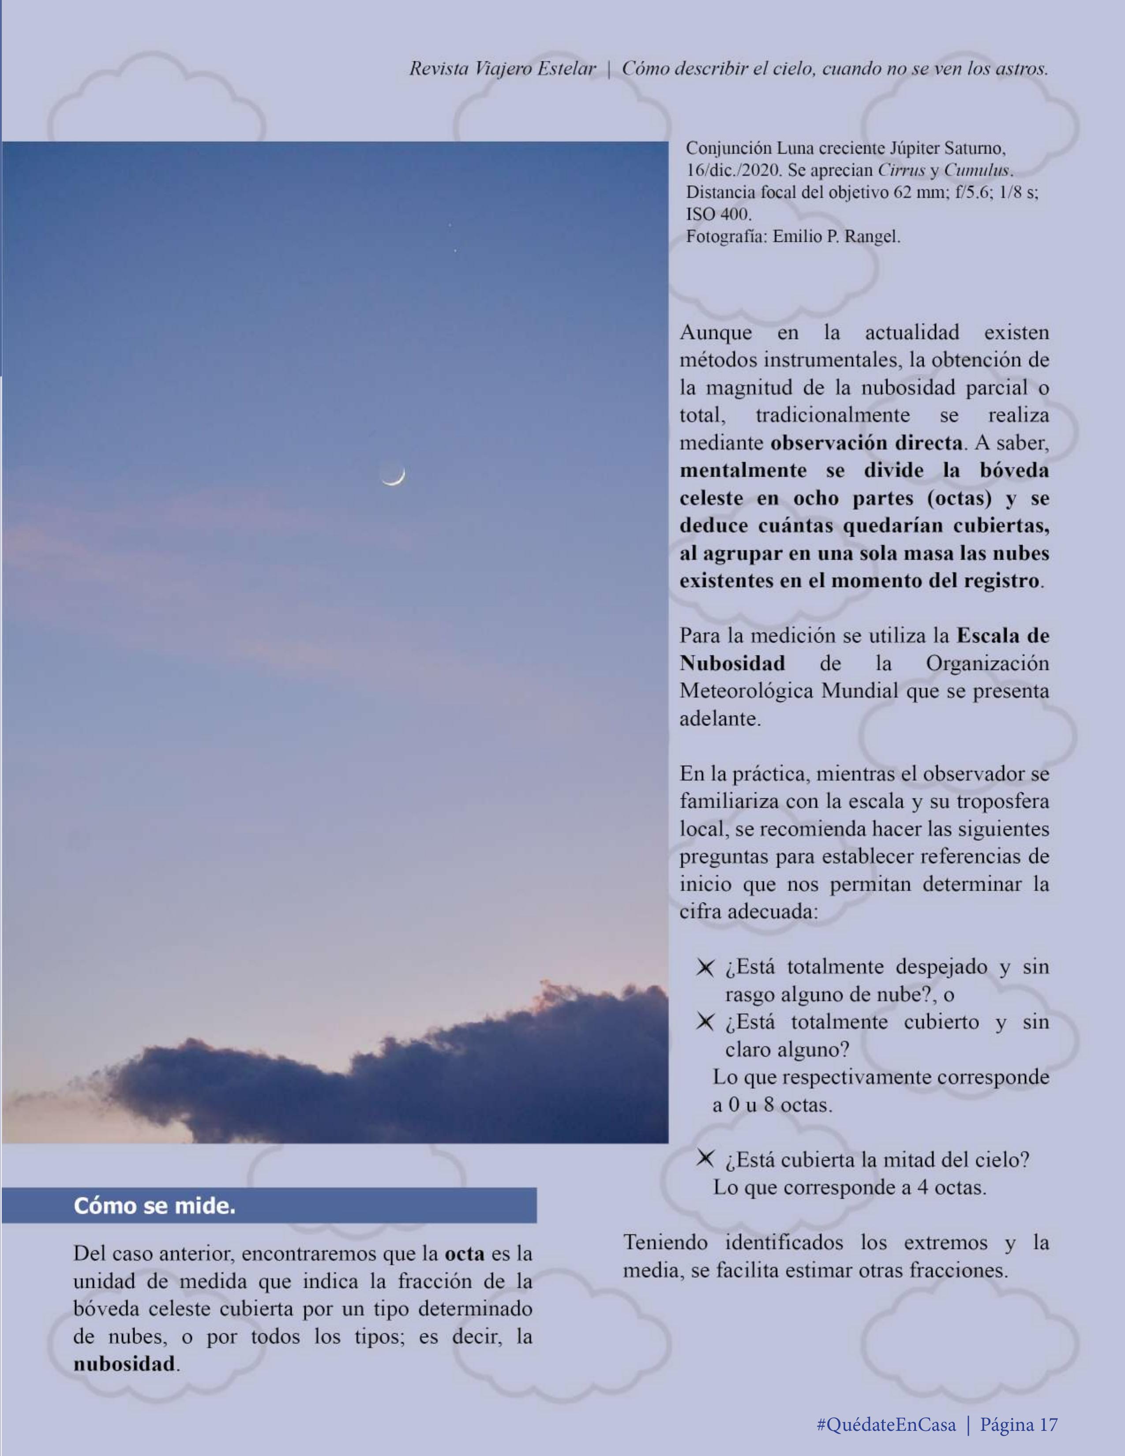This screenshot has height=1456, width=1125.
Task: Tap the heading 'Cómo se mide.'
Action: [155, 1206]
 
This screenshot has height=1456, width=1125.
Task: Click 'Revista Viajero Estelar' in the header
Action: [502, 69]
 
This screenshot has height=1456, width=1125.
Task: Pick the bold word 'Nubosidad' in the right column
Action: [731, 663]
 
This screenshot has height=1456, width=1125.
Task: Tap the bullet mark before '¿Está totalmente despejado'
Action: [705, 967]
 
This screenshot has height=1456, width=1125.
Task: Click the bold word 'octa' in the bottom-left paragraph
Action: [464, 1254]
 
